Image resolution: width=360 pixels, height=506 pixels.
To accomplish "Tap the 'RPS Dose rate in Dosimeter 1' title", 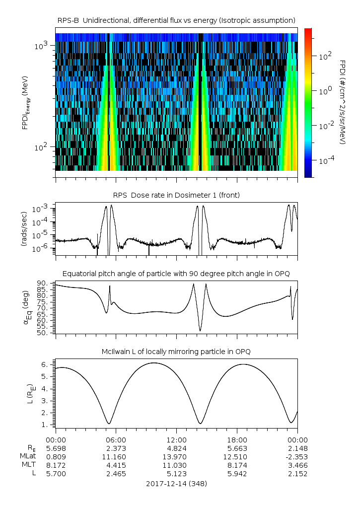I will (x=176, y=195).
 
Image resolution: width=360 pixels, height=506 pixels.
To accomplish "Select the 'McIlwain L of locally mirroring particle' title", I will (x=176, y=352).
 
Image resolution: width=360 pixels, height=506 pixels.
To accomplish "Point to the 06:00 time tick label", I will (x=116, y=440).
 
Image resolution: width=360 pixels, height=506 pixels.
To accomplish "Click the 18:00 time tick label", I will (x=237, y=440).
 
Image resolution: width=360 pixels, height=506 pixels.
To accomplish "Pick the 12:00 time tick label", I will (x=176, y=440).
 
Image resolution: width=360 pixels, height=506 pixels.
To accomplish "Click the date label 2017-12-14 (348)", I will (x=176, y=483).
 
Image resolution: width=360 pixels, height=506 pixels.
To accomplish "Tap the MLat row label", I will (x=29, y=456).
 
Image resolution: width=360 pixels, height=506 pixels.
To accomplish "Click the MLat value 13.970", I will (x=176, y=456).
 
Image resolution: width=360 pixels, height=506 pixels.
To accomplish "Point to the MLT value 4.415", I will (x=116, y=465).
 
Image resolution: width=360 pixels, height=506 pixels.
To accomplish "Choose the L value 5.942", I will (x=237, y=474).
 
